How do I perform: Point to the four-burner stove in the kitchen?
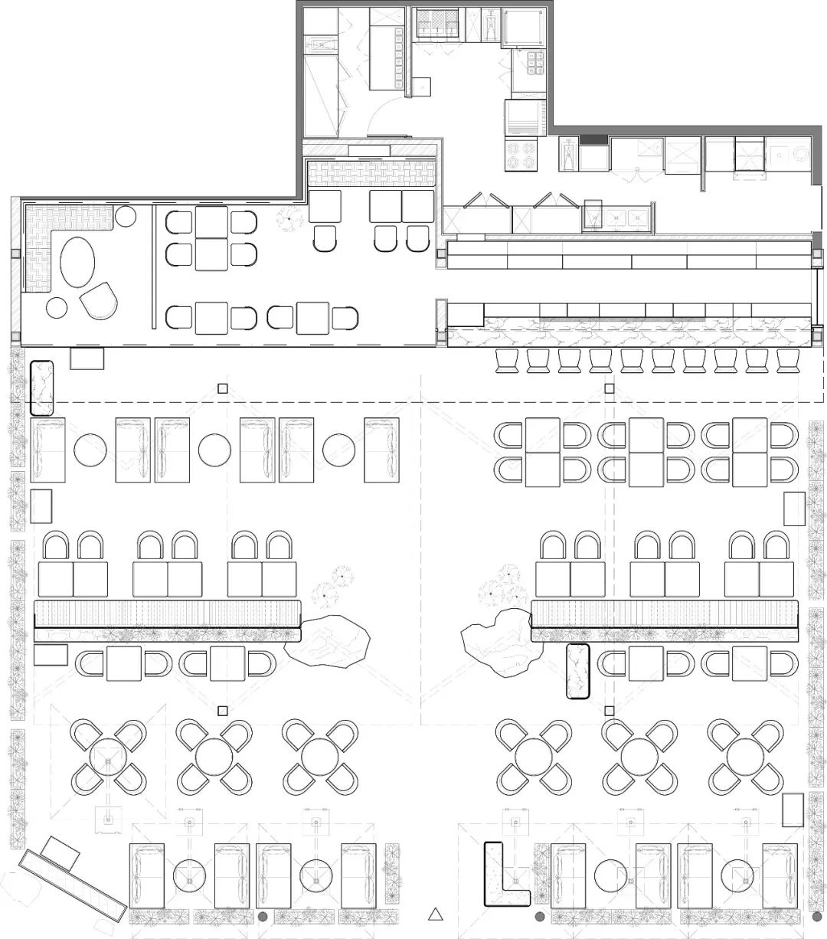(522, 154)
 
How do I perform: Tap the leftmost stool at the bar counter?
(508, 360)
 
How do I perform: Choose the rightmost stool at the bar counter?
(788, 360)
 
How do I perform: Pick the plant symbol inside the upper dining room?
(290, 218)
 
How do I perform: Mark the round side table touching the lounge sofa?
(126, 217)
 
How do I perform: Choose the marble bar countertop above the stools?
(628, 336)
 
